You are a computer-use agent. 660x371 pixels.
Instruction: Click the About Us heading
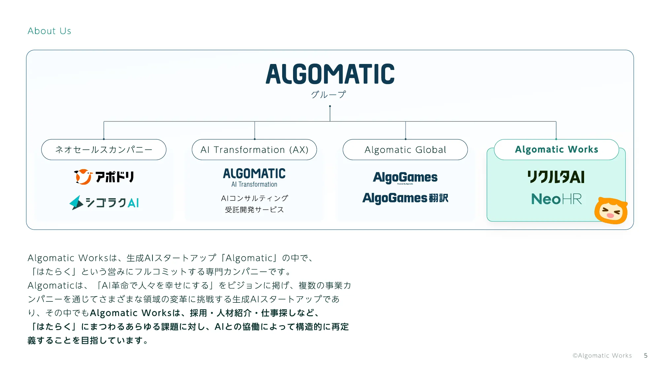49,31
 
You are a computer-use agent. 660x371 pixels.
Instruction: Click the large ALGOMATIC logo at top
330,74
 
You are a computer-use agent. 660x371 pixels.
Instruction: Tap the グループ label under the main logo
328,95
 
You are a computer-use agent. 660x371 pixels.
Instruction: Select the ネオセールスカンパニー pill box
104,150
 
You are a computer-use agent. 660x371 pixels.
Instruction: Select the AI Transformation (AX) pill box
254,150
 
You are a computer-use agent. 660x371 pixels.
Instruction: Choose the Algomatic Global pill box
405,150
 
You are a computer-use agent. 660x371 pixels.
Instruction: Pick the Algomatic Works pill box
556,149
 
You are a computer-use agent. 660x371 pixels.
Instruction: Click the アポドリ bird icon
82,177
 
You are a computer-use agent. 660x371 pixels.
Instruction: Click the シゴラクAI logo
104,202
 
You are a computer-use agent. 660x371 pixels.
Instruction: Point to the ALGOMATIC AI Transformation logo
254,177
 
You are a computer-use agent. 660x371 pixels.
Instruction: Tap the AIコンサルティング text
254,198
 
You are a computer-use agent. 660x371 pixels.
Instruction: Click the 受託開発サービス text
254,210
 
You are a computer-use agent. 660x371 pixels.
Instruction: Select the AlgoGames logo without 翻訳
405,177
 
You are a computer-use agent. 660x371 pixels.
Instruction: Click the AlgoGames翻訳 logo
405,198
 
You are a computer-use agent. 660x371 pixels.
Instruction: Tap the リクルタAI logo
556,177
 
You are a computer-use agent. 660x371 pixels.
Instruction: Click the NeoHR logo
556,199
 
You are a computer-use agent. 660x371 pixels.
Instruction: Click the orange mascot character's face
610,211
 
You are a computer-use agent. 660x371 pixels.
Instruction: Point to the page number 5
645,356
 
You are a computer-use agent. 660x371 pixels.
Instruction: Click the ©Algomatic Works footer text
602,356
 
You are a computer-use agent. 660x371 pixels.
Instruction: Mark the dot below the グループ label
330,106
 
